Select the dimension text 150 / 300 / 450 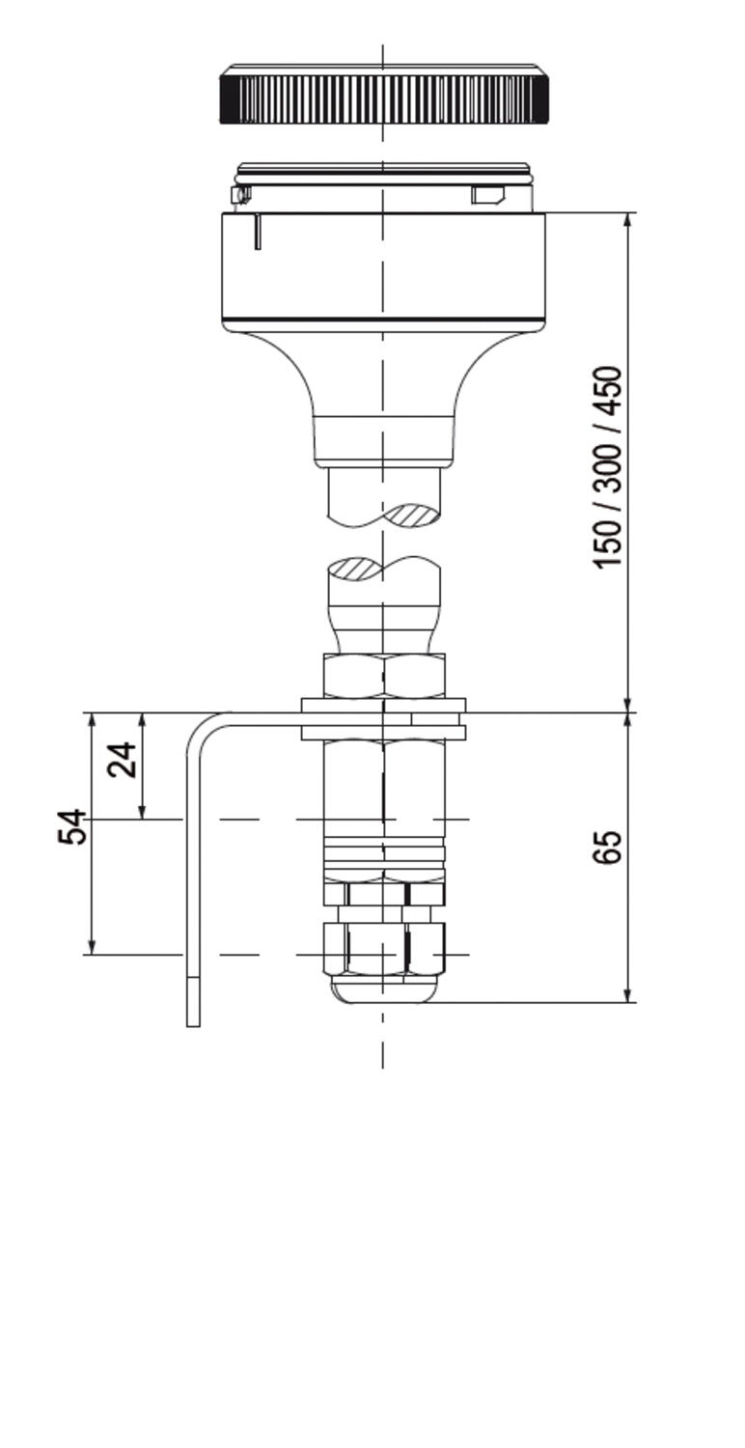(608, 467)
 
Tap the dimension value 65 (607, 847)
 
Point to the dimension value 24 (123, 760)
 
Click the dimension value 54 (72, 827)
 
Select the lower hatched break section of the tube (353, 569)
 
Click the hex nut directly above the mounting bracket (384, 676)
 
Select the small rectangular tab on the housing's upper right (487, 196)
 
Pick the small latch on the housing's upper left (241, 196)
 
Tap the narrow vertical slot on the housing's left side (258, 232)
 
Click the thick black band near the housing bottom (384, 320)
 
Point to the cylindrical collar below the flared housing (384, 440)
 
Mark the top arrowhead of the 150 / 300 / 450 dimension (628, 220)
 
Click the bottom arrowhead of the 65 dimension (628, 994)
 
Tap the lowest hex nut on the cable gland (384, 948)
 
